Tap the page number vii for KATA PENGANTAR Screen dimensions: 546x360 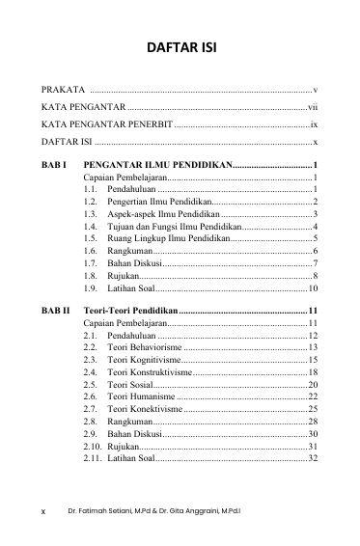[312, 107]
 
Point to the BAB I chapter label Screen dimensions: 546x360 [54, 167]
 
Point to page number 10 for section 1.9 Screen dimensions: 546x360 [313, 288]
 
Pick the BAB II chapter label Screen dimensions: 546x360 [56, 311]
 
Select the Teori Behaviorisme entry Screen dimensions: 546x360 [144, 346]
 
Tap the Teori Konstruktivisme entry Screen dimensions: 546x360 [149, 371]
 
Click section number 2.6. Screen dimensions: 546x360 [90, 396]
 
